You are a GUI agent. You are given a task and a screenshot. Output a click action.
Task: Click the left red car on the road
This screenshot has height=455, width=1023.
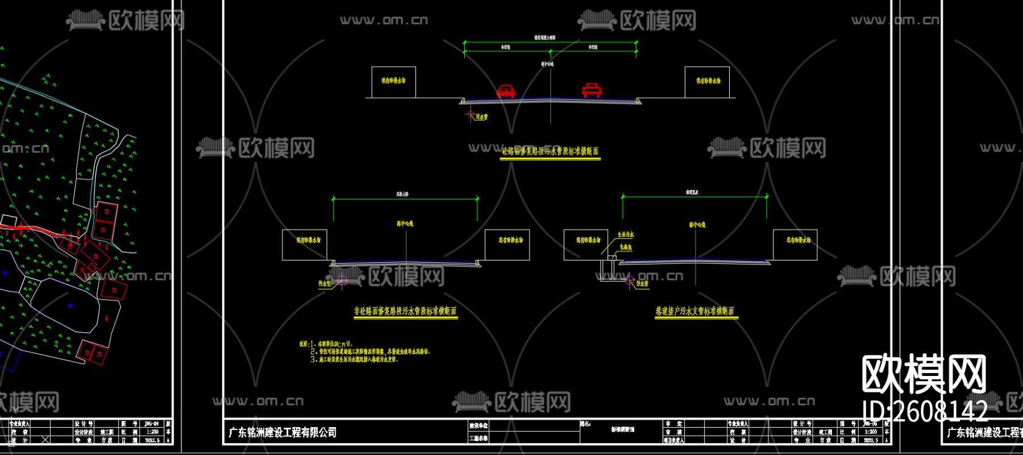click(505, 91)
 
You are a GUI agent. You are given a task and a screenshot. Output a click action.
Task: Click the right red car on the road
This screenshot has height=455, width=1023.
click(592, 90)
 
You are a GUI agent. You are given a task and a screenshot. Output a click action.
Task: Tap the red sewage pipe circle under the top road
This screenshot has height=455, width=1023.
click(470, 115)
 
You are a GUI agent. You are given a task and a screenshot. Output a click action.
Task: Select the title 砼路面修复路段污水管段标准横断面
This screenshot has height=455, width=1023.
click(550, 151)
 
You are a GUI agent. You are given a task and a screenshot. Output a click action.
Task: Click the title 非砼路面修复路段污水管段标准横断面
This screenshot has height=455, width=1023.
click(405, 311)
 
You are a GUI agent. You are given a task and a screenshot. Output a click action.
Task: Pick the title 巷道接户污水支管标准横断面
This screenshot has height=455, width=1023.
click(695, 311)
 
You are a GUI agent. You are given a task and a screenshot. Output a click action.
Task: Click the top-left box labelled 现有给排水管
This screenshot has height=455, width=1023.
click(393, 81)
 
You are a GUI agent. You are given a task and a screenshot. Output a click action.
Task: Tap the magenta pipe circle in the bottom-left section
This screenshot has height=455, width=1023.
click(342, 279)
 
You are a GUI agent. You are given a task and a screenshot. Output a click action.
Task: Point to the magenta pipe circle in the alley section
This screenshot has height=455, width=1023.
click(630, 279)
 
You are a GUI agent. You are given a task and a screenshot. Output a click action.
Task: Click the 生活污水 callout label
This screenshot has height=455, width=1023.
click(626, 234)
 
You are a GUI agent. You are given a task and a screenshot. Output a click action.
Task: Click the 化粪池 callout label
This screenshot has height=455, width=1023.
click(626, 247)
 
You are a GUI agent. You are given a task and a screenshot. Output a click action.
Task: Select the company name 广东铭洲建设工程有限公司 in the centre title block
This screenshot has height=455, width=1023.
click(282, 433)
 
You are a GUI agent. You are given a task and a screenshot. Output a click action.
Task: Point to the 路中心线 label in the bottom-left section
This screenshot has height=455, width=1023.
click(405, 224)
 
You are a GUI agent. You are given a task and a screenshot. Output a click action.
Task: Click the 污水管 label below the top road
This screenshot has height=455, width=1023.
click(481, 117)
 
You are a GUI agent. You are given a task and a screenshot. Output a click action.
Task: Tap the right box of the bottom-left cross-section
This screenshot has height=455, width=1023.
click(507, 245)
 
